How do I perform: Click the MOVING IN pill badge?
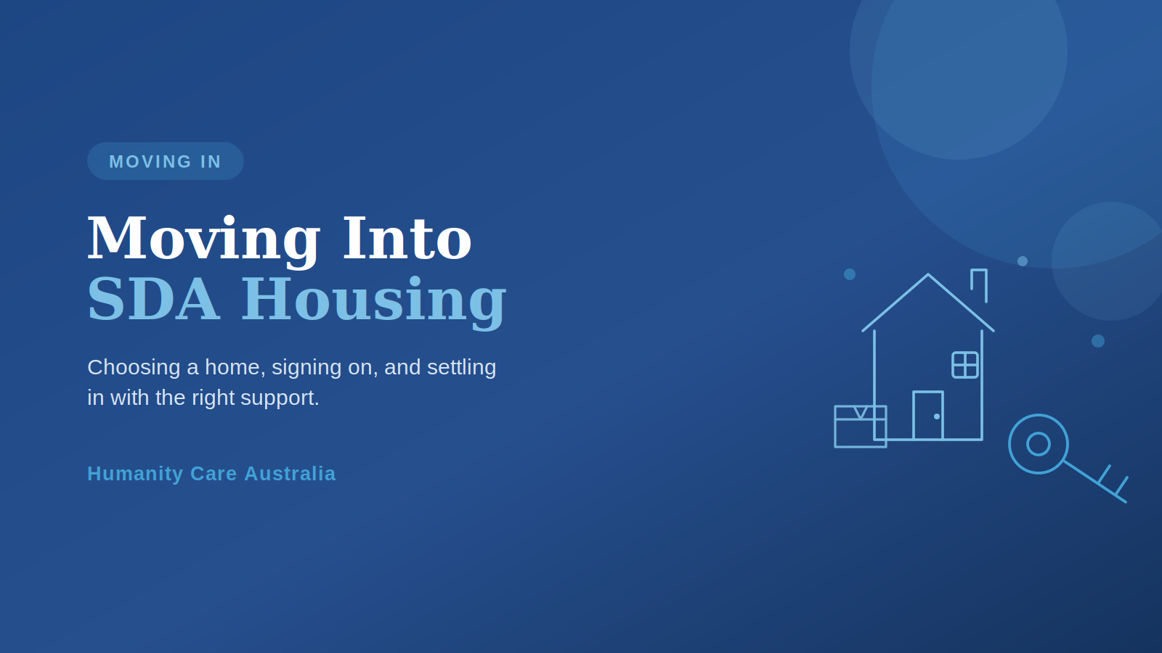click(x=166, y=161)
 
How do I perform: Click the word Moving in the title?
click(x=203, y=239)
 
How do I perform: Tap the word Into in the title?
click(x=407, y=238)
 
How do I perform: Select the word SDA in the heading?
click(x=153, y=299)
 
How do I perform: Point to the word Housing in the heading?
click(x=373, y=302)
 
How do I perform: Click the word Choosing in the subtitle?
click(x=134, y=367)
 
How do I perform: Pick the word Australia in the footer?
click(x=290, y=474)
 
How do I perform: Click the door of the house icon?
click(x=928, y=416)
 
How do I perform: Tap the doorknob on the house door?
click(x=936, y=416)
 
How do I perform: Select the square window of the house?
click(x=965, y=365)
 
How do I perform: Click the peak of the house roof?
click(x=928, y=275)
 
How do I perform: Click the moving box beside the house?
click(x=860, y=427)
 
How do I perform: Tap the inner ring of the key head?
click(x=1039, y=432)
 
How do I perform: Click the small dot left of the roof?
click(x=850, y=274)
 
